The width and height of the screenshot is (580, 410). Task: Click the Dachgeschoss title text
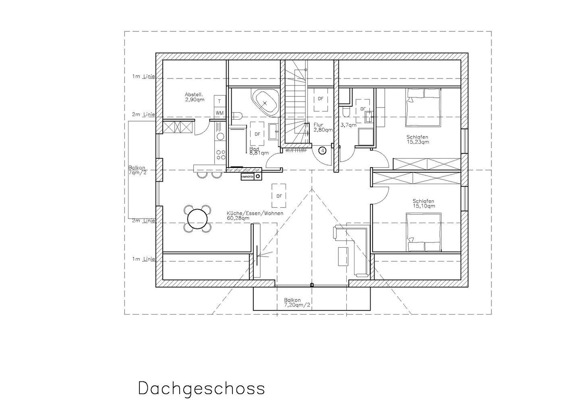pyautogui.click(x=201, y=388)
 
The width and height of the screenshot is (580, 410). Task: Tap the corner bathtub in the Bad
pyautogui.click(x=264, y=102)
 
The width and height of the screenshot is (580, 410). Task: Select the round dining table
pyautogui.click(x=197, y=219)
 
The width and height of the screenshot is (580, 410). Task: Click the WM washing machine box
pyautogui.click(x=220, y=113)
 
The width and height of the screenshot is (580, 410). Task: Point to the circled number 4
pyautogui.click(x=322, y=151)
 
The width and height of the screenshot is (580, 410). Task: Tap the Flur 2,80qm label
pyautogui.click(x=323, y=128)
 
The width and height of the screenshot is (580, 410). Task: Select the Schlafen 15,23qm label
pyautogui.click(x=417, y=139)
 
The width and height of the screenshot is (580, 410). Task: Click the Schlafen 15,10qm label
pyautogui.click(x=423, y=204)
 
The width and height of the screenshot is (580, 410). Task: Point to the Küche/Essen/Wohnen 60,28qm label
pyautogui.click(x=255, y=215)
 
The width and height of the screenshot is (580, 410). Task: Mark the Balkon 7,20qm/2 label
pyautogui.click(x=297, y=302)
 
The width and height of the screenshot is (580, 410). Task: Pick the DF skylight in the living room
pyautogui.click(x=279, y=196)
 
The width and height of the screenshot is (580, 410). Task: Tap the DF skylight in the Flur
pyautogui.click(x=321, y=99)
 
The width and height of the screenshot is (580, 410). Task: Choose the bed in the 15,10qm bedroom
pyautogui.click(x=423, y=233)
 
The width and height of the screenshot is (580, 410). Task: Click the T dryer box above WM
pyautogui.click(x=220, y=101)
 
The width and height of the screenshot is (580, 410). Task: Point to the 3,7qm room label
pyautogui.click(x=348, y=125)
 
